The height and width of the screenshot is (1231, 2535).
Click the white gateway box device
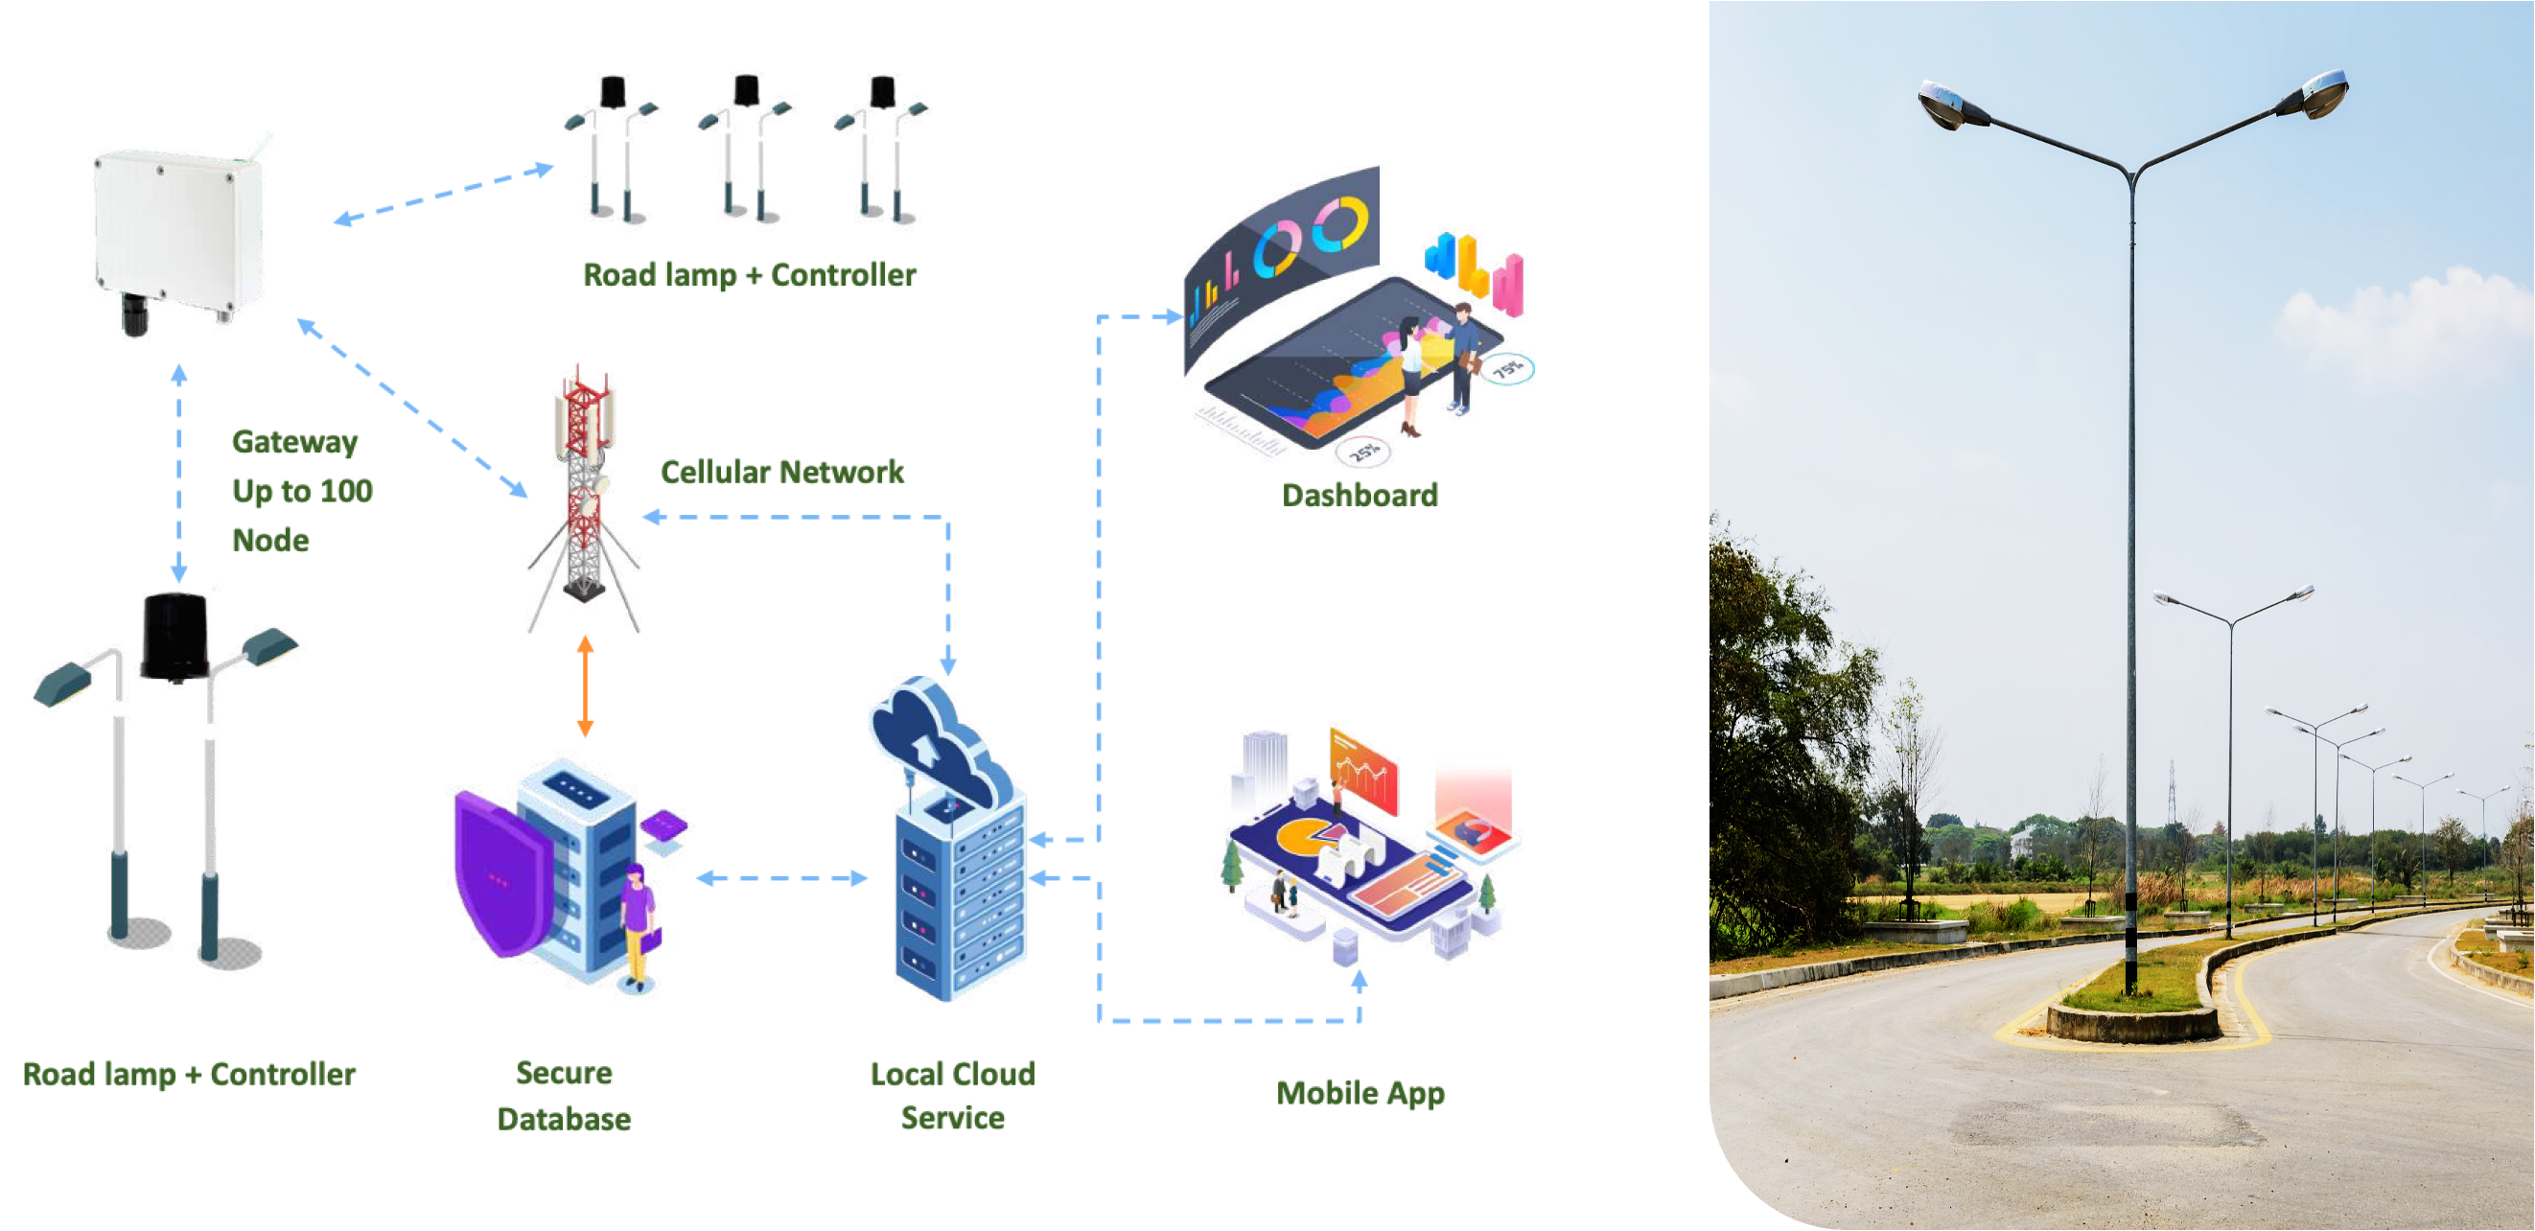tap(179, 236)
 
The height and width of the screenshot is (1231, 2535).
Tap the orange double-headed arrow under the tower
tap(585, 685)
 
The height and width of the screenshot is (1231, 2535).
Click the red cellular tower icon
tap(585, 497)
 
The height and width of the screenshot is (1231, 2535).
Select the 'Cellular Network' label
tap(781, 473)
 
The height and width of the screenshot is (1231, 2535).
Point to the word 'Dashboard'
tap(1359, 495)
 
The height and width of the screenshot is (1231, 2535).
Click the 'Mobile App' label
tap(1360, 1093)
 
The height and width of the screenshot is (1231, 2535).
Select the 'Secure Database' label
tap(564, 1095)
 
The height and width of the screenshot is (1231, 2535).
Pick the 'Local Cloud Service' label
tap(953, 1095)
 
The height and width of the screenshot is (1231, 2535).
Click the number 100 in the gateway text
tap(346, 491)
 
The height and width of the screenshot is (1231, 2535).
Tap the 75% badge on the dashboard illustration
tap(1507, 370)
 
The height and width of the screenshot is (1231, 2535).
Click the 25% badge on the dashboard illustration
tap(1364, 453)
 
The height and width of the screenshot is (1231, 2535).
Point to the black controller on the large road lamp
tap(175, 638)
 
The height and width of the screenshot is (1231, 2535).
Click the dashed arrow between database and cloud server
tap(781, 878)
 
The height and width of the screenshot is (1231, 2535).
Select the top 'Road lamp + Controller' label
tap(749, 274)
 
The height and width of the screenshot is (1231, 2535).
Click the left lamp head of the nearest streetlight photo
tap(1952, 105)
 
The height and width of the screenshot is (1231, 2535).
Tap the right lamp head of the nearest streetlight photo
tap(2318, 95)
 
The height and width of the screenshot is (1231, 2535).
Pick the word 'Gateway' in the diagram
tap(294, 442)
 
